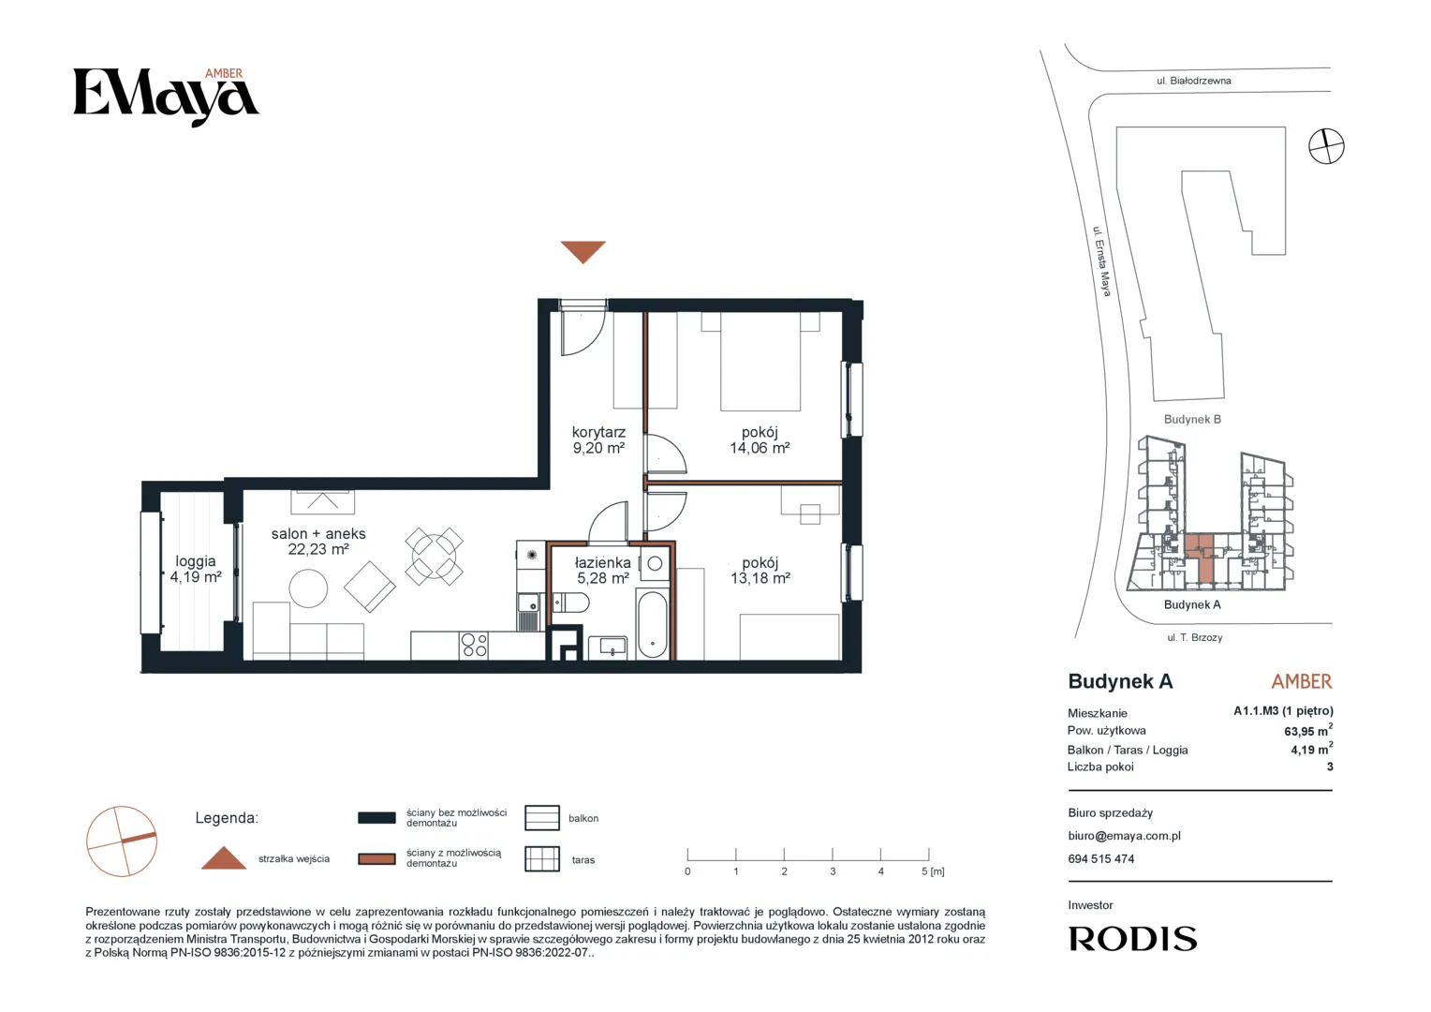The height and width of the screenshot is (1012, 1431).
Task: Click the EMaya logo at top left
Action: [166, 97]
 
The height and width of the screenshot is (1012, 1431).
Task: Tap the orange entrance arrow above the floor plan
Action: [583, 251]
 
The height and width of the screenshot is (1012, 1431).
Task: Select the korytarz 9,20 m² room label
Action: [598, 439]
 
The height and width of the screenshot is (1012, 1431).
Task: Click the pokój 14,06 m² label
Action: [760, 439]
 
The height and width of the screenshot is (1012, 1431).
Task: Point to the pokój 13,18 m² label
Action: [760, 571]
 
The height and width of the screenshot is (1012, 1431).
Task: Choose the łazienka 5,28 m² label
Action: [602, 571]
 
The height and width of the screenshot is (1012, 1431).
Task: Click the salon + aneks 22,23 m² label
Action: [318, 542]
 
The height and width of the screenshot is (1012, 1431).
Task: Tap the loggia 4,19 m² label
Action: [196, 569]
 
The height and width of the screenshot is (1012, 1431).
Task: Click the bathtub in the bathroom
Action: [652, 624]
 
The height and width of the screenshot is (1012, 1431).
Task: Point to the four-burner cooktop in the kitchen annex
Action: [474, 645]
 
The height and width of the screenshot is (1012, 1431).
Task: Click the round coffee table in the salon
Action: [308, 588]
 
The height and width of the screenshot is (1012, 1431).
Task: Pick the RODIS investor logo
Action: [1132, 939]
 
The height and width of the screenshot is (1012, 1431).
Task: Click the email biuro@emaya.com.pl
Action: [1125, 836]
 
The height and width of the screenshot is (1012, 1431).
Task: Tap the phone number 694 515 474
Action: [1100, 859]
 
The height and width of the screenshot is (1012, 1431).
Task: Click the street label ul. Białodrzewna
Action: [1193, 81]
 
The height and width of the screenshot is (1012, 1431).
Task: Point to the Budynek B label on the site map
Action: [1192, 420]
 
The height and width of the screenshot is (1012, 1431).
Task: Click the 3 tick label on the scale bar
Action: [833, 871]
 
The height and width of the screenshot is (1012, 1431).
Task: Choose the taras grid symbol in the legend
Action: [541, 859]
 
